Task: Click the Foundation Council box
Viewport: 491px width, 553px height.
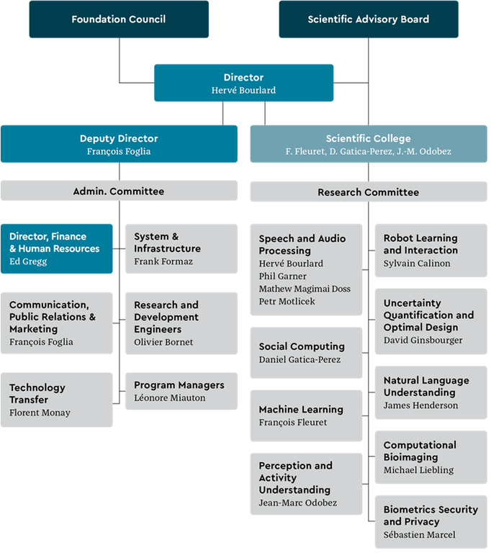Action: (x=119, y=19)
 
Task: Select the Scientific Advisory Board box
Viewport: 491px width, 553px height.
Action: (x=368, y=19)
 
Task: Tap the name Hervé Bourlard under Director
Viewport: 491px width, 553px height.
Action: (x=243, y=90)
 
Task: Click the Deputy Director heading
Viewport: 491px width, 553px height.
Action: (x=119, y=138)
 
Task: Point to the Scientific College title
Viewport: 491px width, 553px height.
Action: (x=368, y=138)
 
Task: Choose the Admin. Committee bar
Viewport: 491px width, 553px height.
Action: (x=119, y=192)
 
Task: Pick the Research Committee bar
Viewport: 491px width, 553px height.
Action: (x=368, y=192)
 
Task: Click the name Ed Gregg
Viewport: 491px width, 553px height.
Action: (x=28, y=261)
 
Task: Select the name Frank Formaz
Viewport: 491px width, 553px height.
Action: (x=163, y=261)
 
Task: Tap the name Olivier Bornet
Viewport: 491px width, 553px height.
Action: (x=163, y=342)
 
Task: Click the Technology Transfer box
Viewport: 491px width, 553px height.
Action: (x=56, y=400)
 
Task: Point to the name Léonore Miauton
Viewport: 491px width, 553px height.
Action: (x=170, y=397)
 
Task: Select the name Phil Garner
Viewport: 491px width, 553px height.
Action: (x=282, y=276)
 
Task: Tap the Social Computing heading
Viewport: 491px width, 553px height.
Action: (x=302, y=346)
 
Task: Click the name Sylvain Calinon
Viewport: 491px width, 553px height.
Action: (x=417, y=263)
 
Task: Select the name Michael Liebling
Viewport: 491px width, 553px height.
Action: (x=418, y=469)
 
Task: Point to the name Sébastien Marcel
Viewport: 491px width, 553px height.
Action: (x=419, y=534)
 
